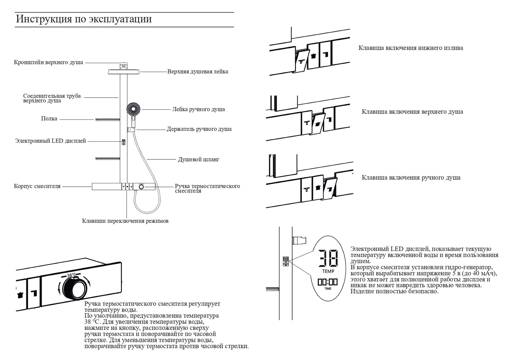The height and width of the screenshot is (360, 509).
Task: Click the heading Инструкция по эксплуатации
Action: (84, 19)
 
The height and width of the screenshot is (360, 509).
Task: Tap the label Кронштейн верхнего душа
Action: (48, 63)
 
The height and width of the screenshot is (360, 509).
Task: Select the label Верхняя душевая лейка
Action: (198, 72)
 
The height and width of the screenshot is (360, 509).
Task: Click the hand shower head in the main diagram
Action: (134, 108)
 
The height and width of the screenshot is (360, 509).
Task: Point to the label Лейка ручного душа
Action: (198, 109)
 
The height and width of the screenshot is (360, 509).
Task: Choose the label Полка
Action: (49, 119)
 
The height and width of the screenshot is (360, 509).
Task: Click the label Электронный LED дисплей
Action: (51, 141)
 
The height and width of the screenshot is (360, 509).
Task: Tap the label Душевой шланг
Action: (198, 159)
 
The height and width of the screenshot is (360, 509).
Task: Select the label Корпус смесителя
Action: (37, 186)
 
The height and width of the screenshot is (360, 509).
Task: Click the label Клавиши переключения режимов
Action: (125, 221)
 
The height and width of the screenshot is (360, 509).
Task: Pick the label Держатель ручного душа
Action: (199, 129)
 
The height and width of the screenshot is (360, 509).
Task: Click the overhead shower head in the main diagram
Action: (124, 72)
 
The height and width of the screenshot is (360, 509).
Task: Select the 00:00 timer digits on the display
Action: (328, 282)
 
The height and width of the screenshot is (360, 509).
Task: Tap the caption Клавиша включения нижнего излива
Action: (411, 48)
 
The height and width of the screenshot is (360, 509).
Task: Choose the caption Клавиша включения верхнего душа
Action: (412, 112)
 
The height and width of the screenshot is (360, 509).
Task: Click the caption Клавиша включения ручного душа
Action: (411, 178)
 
